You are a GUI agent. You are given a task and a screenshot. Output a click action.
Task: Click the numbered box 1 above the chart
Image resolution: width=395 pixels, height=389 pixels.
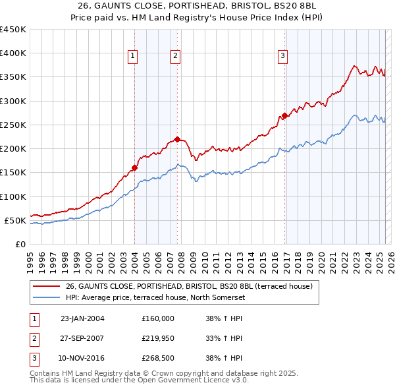coord(132,57)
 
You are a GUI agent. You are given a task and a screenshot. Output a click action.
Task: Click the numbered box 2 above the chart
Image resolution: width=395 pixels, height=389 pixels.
coord(176,57)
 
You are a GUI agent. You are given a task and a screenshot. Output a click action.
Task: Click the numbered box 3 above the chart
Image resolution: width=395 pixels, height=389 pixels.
coord(282,57)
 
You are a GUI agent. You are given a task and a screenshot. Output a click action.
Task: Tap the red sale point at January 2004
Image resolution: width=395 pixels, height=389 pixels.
coord(134,167)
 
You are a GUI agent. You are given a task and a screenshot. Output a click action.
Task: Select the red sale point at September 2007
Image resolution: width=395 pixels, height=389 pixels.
coord(177,139)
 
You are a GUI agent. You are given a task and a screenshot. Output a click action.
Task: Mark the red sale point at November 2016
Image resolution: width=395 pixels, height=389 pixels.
coord(284,116)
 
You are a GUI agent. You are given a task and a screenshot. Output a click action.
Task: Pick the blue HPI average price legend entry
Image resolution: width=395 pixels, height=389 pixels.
coord(155,298)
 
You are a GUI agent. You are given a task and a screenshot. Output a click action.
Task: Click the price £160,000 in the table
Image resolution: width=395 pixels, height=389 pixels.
coord(158,318)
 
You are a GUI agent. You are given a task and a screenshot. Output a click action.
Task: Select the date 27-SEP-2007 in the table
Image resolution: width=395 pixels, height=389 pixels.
coord(82,338)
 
